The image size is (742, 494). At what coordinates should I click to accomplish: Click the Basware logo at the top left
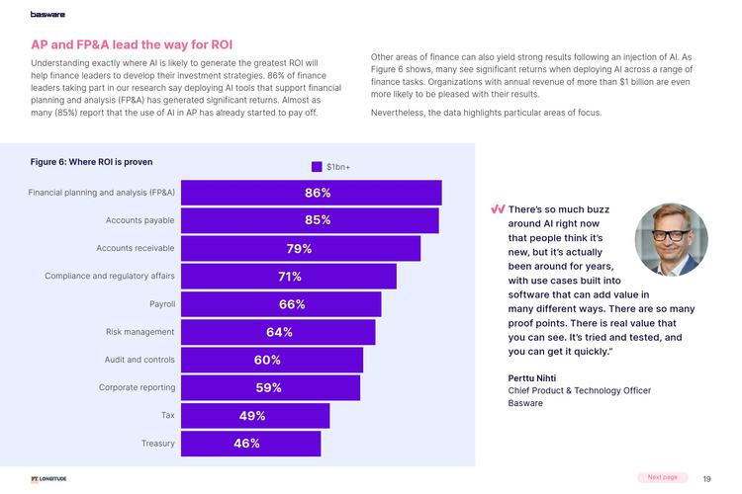pyautogui.click(x=47, y=13)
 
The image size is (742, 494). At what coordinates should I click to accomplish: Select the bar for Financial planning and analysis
pyautogui.click(x=312, y=193)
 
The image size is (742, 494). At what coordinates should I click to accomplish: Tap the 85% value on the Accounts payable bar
pyautogui.click(x=318, y=220)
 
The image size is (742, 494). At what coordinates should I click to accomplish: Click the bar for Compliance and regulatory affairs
pyautogui.click(x=289, y=277)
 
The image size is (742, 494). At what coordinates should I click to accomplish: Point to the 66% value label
pyautogui.click(x=292, y=304)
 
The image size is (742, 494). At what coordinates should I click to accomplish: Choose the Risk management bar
pyautogui.click(x=279, y=332)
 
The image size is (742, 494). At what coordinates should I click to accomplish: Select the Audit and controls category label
pyautogui.click(x=139, y=360)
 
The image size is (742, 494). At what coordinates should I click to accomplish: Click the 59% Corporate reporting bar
pyautogui.click(x=271, y=387)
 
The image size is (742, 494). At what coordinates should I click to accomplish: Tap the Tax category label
pyautogui.click(x=168, y=415)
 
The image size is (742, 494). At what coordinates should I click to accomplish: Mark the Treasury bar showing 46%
pyautogui.click(x=251, y=444)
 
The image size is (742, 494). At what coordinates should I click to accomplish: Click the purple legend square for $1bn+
pyautogui.click(x=317, y=167)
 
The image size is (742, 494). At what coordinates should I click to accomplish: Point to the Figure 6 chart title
pyautogui.click(x=91, y=161)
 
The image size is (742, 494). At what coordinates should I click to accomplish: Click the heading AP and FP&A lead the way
pyautogui.click(x=132, y=45)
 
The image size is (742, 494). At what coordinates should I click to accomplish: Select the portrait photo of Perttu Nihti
pyautogui.click(x=672, y=239)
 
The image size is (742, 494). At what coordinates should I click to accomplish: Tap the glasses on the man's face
pyautogui.click(x=671, y=236)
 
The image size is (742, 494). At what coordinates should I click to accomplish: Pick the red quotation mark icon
pyautogui.click(x=498, y=209)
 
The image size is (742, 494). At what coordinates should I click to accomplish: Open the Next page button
pyautogui.click(x=662, y=477)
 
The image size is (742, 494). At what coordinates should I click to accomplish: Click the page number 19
pyautogui.click(x=706, y=478)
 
